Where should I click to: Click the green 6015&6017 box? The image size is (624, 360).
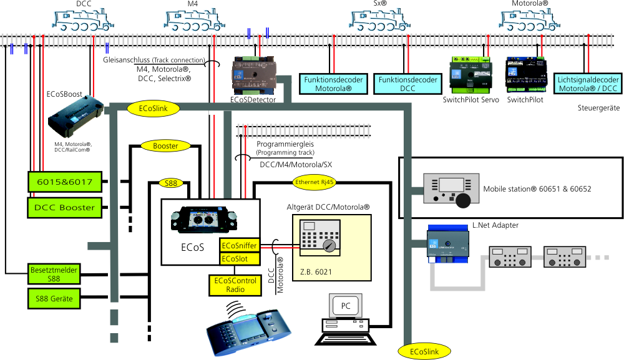(x=64, y=182)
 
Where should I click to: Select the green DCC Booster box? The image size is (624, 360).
(x=64, y=207)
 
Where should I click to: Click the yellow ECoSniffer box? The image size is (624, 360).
(x=238, y=245)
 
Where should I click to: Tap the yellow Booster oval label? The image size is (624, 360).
(x=165, y=146)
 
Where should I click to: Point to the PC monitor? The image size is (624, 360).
(x=346, y=307)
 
